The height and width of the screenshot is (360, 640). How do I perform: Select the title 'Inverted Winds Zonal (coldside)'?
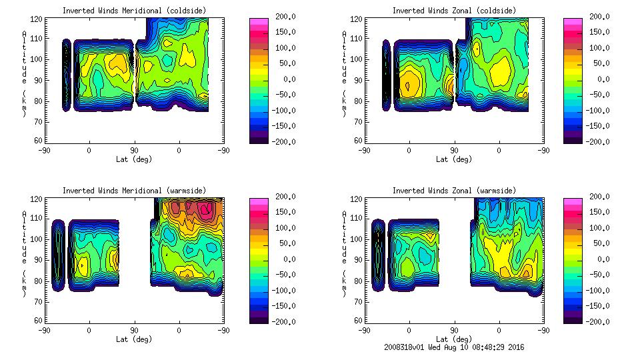[454, 11]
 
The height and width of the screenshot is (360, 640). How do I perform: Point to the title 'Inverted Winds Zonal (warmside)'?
[454, 191]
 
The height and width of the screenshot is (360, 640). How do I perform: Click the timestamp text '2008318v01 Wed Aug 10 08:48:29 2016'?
[454, 347]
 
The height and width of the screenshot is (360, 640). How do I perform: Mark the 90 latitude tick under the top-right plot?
[454, 151]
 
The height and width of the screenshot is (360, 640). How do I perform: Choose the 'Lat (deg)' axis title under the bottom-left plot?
[134, 339]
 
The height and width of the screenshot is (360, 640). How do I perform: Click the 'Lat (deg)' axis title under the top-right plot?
[454, 159]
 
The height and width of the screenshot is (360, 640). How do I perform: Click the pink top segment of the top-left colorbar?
[258, 21]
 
